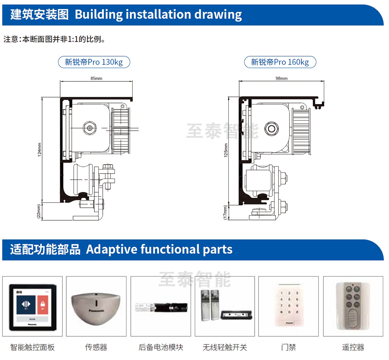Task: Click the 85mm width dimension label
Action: (x=96, y=78)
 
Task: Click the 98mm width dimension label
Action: (x=281, y=78)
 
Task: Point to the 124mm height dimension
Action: (x=40, y=149)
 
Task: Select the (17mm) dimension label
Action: (x=226, y=212)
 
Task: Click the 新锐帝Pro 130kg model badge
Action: (x=94, y=62)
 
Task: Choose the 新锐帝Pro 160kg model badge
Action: (x=280, y=62)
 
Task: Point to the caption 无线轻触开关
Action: (x=225, y=347)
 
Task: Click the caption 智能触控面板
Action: (x=32, y=347)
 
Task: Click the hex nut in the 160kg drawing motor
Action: (x=271, y=127)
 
